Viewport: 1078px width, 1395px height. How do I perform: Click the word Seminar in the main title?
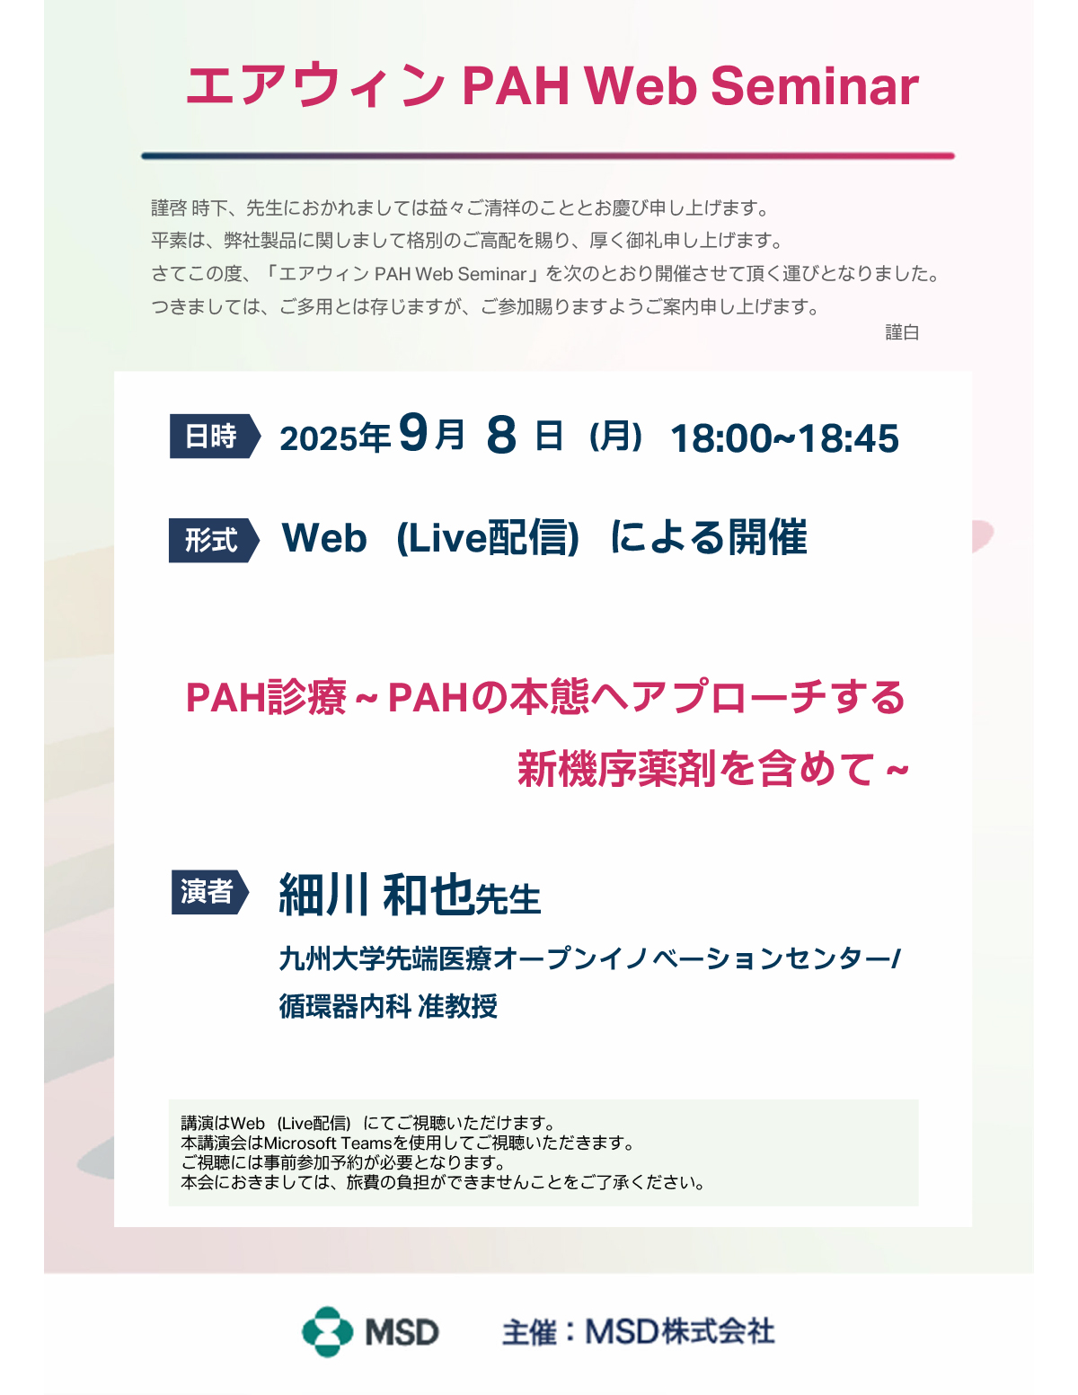[815, 86]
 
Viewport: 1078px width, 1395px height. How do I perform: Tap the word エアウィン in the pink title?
[315, 86]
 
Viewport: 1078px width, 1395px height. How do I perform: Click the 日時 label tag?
[215, 436]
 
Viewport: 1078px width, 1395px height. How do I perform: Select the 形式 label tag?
[214, 540]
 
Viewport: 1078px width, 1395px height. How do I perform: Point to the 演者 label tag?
[210, 892]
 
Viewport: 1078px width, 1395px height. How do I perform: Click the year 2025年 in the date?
[335, 438]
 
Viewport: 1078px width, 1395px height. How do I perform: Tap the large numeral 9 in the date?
[413, 433]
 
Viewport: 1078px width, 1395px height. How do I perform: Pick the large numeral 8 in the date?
[501, 435]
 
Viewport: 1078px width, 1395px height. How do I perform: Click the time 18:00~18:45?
[784, 438]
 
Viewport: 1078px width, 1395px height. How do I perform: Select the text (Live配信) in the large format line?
[489, 537]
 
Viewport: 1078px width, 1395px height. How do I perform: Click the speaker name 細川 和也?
[376, 895]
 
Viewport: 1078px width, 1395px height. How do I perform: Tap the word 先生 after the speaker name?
[508, 899]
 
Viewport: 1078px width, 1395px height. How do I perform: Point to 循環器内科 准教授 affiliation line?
[388, 1006]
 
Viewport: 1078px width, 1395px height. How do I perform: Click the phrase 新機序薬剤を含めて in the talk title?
[697, 768]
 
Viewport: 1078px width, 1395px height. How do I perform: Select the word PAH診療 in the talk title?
[266, 697]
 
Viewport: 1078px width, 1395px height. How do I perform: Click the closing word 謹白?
[902, 332]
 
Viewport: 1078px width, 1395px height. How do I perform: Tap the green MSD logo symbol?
[328, 1332]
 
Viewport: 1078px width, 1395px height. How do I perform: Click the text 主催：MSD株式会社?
[638, 1332]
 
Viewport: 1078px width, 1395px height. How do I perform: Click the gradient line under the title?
[548, 156]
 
